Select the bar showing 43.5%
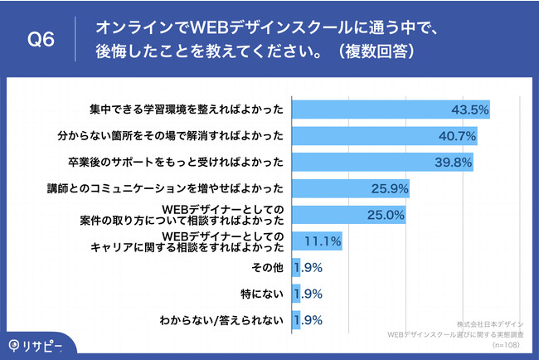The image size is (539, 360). click(390, 109)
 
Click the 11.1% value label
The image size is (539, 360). click(323, 241)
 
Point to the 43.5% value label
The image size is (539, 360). click(468, 109)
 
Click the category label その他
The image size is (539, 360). click(269, 268)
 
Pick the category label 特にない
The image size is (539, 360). click(264, 294)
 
